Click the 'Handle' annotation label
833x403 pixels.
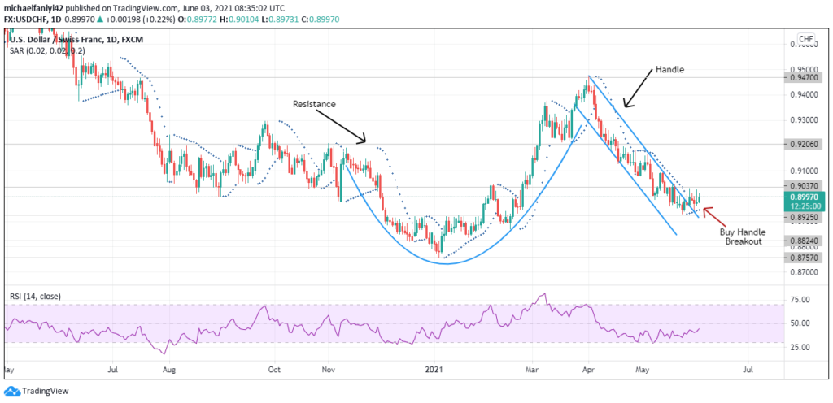(x=670, y=70)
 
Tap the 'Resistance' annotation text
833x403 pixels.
(x=314, y=104)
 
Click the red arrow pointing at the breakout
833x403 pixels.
(x=712, y=214)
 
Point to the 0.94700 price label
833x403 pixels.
(x=805, y=77)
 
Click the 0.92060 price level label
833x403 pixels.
(x=805, y=144)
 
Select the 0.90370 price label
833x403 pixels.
(x=805, y=187)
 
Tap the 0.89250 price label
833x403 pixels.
(x=805, y=218)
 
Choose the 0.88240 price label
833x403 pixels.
(x=805, y=241)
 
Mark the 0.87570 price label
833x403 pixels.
(x=805, y=258)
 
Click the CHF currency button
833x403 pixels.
(x=806, y=39)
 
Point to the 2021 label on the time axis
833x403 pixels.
(x=435, y=368)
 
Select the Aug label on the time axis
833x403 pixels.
(x=170, y=368)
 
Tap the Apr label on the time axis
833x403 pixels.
(x=587, y=368)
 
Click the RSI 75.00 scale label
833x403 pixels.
(x=802, y=300)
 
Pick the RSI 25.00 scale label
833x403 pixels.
(x=802, y=347)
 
